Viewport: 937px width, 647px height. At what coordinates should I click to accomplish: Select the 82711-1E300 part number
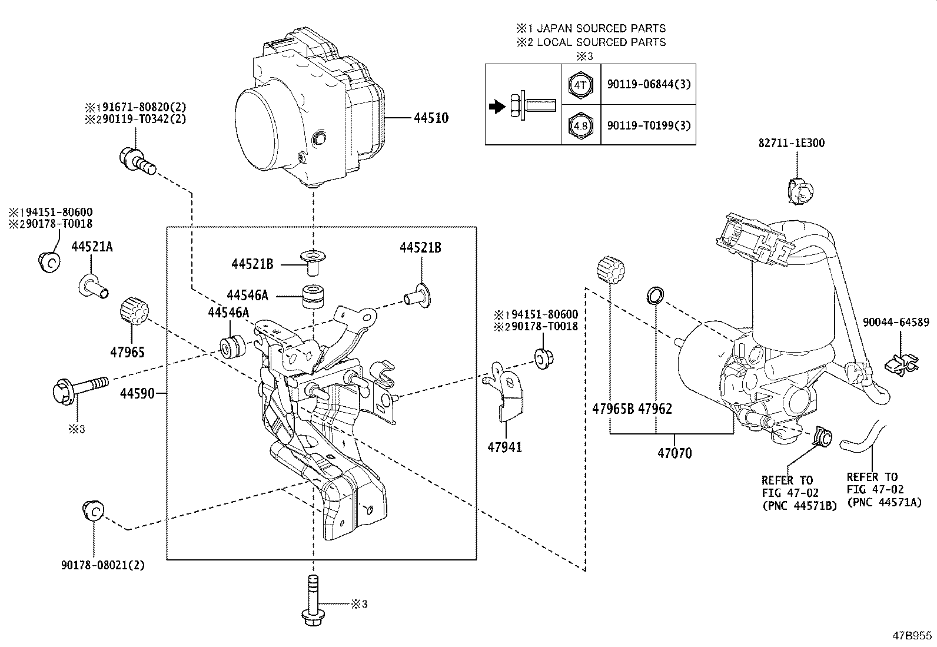click(791, 143)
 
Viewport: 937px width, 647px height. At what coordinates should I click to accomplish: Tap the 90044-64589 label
click(896, 322)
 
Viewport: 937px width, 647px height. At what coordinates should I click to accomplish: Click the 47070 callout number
click(674, 453)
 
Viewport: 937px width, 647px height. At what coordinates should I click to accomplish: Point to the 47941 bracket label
click(504, 447)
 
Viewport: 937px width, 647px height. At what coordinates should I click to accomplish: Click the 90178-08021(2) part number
click(102, 565)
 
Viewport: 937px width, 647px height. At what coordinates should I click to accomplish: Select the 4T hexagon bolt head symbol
click(580, 85)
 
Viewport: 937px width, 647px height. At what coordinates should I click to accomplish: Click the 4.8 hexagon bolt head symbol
click(580, 125)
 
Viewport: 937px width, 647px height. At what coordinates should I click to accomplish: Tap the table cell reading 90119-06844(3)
click(648, 84)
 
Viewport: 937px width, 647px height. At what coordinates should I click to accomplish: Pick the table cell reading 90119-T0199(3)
click(648, 125)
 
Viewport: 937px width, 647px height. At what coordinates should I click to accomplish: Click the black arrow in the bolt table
click(497, 107)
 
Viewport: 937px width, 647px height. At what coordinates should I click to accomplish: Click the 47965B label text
click(613, 409)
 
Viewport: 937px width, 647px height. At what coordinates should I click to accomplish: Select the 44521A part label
click(92, 247)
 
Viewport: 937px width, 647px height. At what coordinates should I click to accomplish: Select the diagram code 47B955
click(912, 636)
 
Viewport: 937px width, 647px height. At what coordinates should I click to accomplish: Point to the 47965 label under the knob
click(127, 353)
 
